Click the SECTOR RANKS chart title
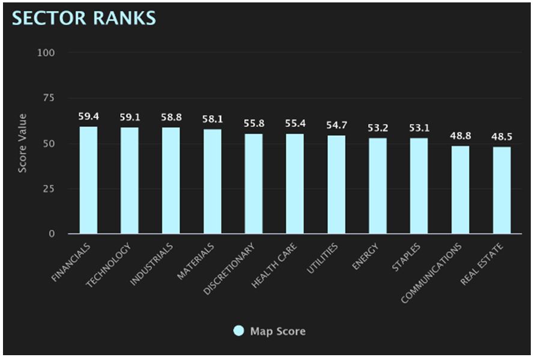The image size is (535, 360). point(84,18)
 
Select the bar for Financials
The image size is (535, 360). point(88,180)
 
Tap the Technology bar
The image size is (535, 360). point(130,180)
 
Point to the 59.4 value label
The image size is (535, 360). point(88,116)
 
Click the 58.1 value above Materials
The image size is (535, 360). point(213,119)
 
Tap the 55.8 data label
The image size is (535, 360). point(253,123)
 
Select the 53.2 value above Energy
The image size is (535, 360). point(378,127)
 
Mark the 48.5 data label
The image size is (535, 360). point(502,136)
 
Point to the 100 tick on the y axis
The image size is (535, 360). point(46,53)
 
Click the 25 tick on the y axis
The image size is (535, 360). point(49,189)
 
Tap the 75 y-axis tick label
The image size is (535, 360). point(49,98)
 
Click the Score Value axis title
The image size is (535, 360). point(22,143)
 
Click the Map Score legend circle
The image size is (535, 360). point(239,331)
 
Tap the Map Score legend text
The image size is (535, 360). point(277,331)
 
